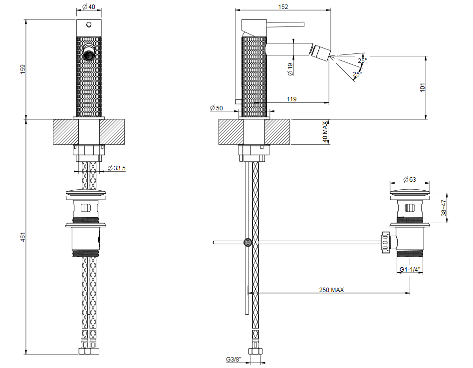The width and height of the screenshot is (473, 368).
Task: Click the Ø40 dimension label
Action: tap(88, 6)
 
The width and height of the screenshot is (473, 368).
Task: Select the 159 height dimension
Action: tap(23, 69)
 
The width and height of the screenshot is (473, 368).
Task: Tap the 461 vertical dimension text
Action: tap(23, 237)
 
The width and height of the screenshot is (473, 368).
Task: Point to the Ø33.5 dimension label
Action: tap(116, 168)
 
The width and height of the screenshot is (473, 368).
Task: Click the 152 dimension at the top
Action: tap(283, 6)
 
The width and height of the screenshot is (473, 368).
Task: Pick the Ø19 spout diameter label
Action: tap(290, 69)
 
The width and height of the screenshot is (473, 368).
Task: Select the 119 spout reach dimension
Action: tap(291, 99)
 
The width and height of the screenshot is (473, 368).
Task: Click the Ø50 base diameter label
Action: tap(216, 108)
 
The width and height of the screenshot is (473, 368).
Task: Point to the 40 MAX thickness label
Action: tap(325, 132)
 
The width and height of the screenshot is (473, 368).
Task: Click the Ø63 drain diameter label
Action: tap(410, 180)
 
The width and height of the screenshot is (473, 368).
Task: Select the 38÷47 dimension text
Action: tap(444, 208)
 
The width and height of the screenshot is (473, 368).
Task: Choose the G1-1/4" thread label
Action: tap(410, 269)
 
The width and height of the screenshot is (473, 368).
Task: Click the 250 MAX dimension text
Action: tap(331, 290)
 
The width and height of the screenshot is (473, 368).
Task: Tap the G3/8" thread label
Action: tap(234, 359)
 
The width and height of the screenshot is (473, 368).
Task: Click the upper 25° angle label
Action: tap(362, 60)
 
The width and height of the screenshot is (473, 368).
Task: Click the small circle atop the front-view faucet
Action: tap(89, 24)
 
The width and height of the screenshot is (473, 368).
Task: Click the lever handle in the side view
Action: tap(285, 24)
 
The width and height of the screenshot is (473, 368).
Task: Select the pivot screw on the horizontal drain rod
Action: tap(248, 242)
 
